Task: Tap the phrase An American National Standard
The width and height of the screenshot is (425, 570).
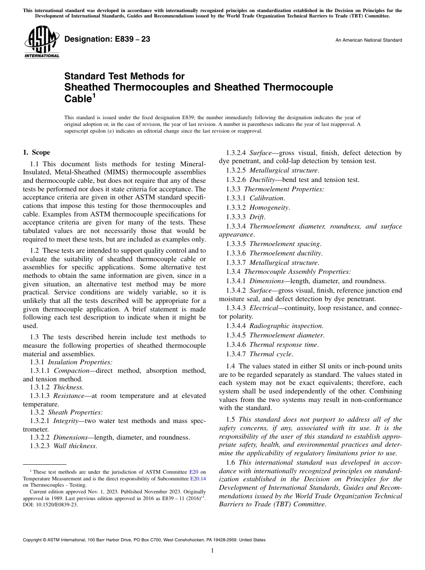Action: click(369, 40)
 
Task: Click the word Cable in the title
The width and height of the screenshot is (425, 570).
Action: click(78, 99)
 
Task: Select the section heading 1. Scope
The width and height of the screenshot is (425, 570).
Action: click(37, 152)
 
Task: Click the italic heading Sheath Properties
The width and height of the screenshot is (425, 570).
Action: click(75, 412)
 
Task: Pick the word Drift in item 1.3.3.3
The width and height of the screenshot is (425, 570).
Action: click(257, 217)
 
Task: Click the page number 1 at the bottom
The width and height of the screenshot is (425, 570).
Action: click(212, 551)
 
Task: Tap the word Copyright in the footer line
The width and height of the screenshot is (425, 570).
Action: click(33, 540)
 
